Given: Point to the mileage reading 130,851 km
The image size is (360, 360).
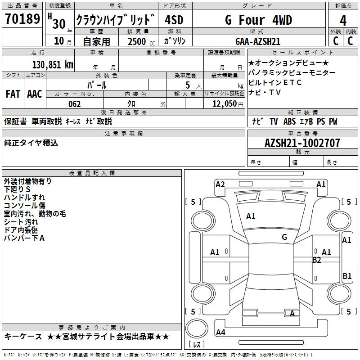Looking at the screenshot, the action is pyautogui.click(x=53, y=64).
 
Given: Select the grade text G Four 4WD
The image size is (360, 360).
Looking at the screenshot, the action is pyautogui.click(x=258, y=20).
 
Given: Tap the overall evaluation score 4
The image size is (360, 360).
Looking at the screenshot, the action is pyautogui.click(x=343, y=20).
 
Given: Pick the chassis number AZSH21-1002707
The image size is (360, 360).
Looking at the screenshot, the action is pyautogui.click(x=302, y=143).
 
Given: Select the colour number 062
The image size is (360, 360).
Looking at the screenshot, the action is pyautogui.click(x=75, y=104).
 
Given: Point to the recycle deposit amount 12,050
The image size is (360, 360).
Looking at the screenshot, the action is pyautogui.click(x=221, y=104).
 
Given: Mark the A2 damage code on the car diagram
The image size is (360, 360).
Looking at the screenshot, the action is pyautogui.click(x=220, y=184).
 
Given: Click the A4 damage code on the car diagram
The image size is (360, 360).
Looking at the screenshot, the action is pyautogui.click(x=220, y=333).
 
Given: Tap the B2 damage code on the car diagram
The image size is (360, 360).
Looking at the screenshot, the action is pyautogui.click(x=317, y=260).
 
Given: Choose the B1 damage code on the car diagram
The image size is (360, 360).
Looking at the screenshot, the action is pyautogui.click(x=347, y=276).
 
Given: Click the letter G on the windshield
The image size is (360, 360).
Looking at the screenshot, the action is pyautogui.click(x=284, y=237).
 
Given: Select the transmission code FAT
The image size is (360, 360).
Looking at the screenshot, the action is pyautogui.click(x=13, y=94).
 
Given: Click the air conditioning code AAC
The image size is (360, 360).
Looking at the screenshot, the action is pyautogui.click(x=35, y=94).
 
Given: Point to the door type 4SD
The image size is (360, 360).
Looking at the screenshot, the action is pyautogui.click(x=174, y=20).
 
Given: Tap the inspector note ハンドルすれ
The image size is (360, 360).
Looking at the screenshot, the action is pyautogui.click(x=24, y=198).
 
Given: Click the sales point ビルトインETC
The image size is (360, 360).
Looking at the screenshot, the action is pyautogui.click(x=275, y=83).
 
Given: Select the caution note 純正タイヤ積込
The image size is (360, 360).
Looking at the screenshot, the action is pyautogui.click(x=31, y=143).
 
